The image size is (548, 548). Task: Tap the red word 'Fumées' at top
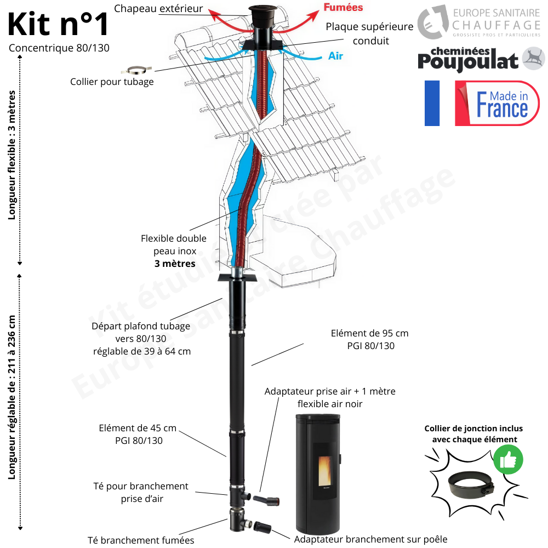click(x=342, y=8)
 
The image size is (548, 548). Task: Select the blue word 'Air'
click(x=335, y=56)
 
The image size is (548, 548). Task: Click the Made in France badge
click(x=497, y=103)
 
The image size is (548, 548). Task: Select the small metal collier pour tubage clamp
click(x=135, y=70)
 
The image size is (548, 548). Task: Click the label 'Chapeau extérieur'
click(x=158, y=8)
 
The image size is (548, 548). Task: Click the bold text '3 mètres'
click(x=174, y=263)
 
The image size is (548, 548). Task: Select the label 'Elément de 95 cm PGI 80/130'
click(x=369, y=339)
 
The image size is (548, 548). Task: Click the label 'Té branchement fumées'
click(x=141, y=540)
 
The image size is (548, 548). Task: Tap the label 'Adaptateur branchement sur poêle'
click(x=370, y=539)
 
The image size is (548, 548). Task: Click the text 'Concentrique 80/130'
click(x=59, y=48)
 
